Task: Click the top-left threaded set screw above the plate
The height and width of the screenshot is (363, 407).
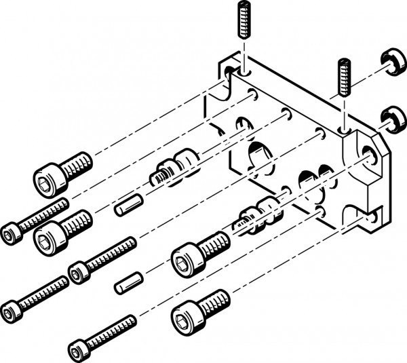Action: point(244,20)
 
